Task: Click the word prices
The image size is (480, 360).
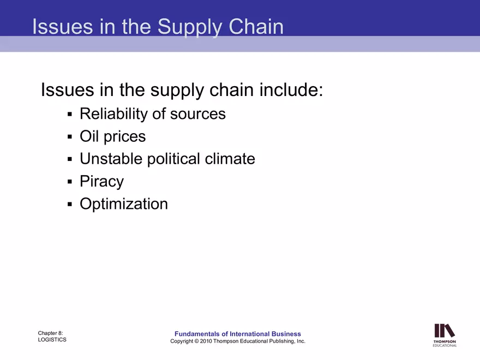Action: tap(125, 136)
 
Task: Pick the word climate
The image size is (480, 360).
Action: tap(230, 159)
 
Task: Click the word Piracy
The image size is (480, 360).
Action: tap(101, 182)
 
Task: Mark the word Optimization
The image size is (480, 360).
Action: tap(124, 204)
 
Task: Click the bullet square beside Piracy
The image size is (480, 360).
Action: tap(70, 182)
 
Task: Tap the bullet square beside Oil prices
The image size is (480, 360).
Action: tap(70, 136)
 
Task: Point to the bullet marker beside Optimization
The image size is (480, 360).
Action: tap(70, 205)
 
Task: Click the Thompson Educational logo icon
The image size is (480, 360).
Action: tap(445, 331)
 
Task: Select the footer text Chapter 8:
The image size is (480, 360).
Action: tap(51, 332)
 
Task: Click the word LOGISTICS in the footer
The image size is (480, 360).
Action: tap(52, 340)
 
